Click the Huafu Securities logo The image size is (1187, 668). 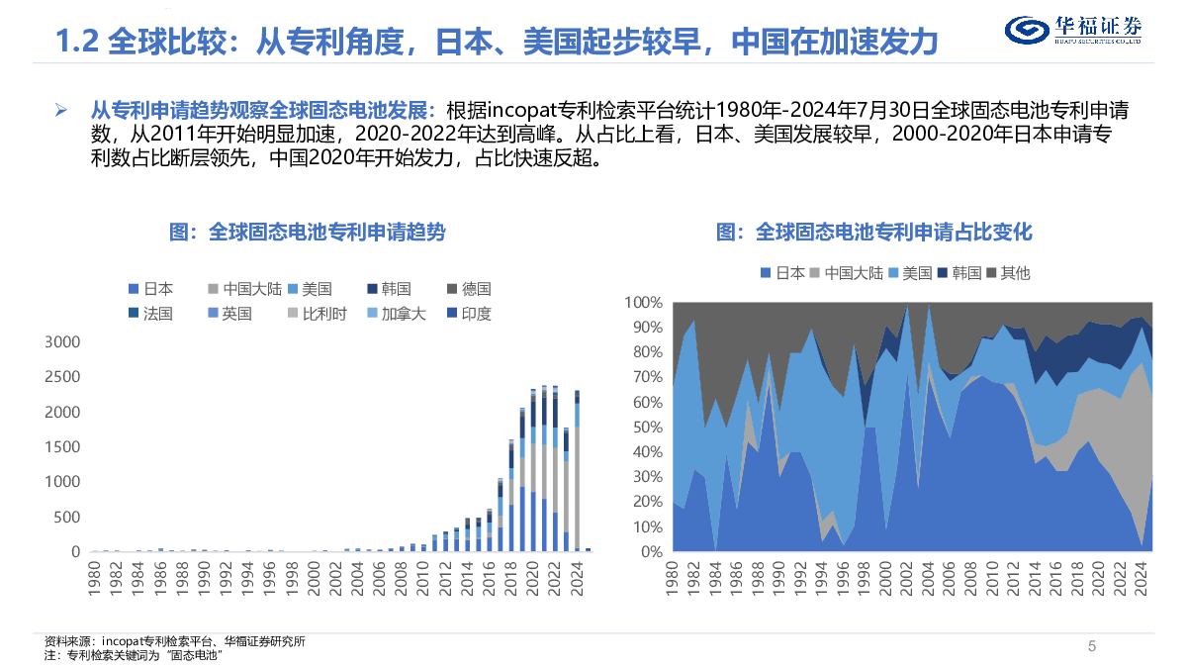tap(1072, 31)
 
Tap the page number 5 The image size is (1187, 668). tap(1092, 646)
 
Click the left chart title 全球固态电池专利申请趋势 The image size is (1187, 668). tap(307, 232)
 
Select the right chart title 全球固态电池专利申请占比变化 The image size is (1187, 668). tap(873, 232)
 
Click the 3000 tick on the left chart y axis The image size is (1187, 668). tap(62, 341)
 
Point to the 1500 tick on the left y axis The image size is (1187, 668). tap(62, 447)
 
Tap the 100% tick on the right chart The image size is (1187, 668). tap(644, 302)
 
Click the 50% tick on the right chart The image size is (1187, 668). tap(648, 427)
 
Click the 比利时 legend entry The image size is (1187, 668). tap(317, 314)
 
